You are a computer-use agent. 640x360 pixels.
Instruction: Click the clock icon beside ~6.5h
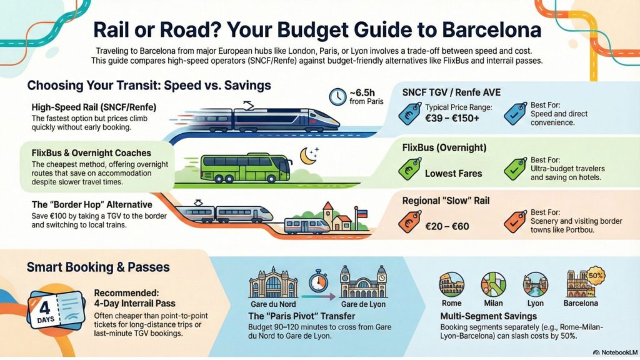click(338, 96)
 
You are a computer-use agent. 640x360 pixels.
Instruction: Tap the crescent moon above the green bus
click(307, 156)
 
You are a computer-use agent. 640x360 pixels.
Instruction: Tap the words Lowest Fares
click(453, 173)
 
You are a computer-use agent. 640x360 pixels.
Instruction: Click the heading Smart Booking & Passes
click(98, 267)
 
